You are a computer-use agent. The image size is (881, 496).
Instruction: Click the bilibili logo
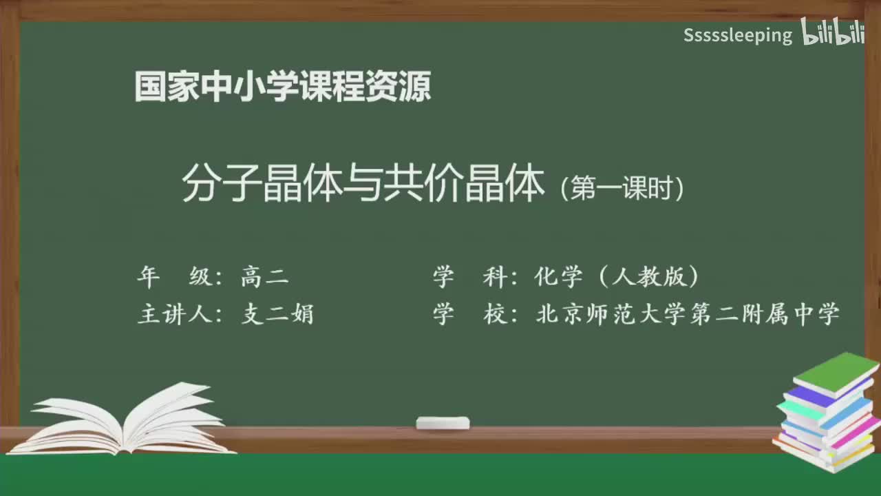833,33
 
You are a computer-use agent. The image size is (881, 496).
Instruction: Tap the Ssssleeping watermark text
738,35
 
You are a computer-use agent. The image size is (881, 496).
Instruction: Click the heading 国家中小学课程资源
283,87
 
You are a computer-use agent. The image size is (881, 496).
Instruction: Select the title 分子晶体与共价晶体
363,184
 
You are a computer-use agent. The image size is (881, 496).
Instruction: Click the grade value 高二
265,277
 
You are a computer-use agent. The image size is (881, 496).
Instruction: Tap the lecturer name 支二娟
277,314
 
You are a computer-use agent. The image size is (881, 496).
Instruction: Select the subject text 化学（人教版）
617,277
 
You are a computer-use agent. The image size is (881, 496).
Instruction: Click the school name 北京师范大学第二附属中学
688,314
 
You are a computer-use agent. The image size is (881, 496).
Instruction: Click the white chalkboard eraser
443,422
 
